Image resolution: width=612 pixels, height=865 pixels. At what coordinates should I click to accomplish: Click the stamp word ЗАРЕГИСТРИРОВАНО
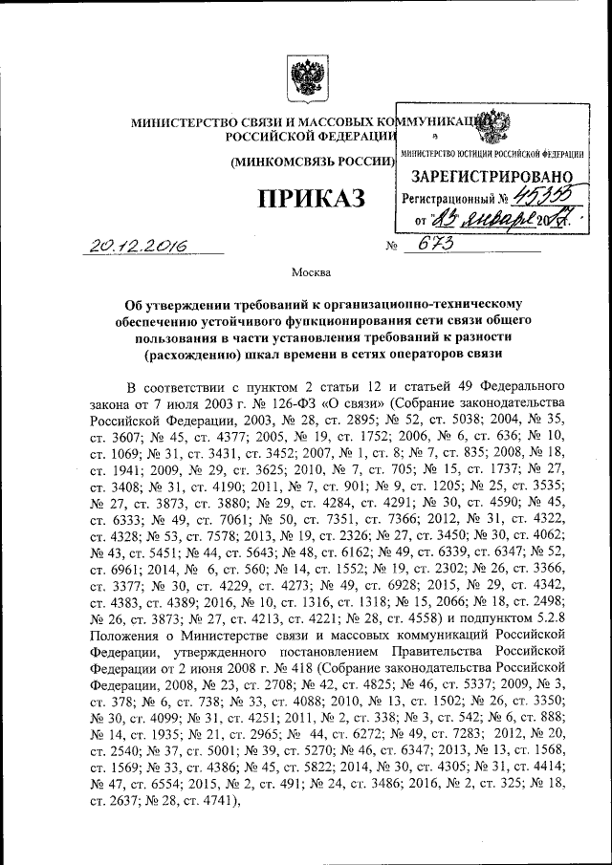(x=492, y=177)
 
